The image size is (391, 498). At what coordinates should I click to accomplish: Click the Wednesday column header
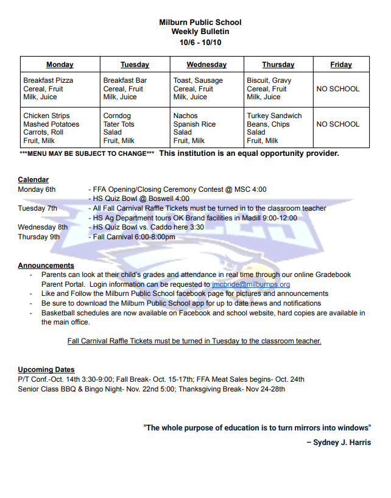point(206,65)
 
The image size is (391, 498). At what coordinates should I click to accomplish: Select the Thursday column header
point(278,65)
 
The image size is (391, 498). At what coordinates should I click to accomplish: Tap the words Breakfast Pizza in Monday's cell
point(48,80)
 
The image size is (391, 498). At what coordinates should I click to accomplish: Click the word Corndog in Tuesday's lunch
point(117,116)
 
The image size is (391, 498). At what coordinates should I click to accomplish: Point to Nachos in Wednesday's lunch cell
point(185,116)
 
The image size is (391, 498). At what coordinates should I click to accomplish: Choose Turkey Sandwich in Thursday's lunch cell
point(274,116)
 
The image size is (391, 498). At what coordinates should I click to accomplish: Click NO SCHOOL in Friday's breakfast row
point(338,89)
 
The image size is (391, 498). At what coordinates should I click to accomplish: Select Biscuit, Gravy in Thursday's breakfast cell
point(269,80)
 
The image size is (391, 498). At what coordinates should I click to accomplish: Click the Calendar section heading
point(33,180)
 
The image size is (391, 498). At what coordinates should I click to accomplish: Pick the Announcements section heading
point(46,265)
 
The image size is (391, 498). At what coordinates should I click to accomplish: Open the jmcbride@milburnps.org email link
point(251,284)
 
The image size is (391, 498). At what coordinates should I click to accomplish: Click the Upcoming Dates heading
point(46,370)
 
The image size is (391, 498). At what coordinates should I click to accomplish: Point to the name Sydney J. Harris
point(342,443)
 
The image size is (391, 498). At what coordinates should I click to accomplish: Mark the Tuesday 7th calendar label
point(38,208)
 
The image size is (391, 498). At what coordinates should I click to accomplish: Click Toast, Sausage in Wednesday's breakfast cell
point(198,80)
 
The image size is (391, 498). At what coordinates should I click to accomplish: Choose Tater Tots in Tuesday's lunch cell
point(119,124)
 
